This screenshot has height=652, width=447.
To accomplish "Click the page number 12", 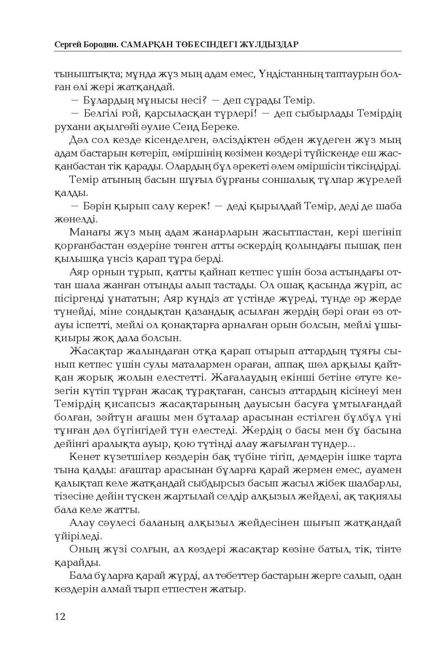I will tap(60, 617).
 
